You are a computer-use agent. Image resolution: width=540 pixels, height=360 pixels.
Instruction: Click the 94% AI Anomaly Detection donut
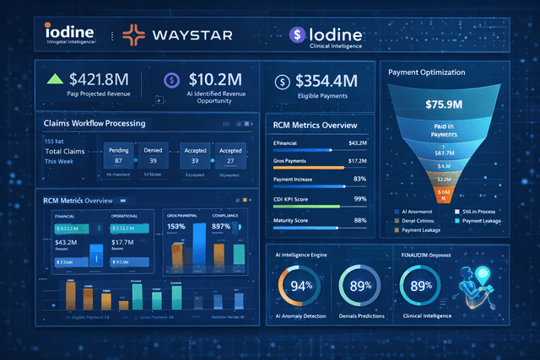[x=302, y=286]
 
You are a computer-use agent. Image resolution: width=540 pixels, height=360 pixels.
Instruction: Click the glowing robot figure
[x=478, y=284]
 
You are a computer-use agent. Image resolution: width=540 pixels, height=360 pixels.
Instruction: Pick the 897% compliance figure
[x=223, y=226]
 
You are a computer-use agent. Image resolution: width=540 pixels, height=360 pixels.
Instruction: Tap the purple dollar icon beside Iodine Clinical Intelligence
[x=296, y=35]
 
